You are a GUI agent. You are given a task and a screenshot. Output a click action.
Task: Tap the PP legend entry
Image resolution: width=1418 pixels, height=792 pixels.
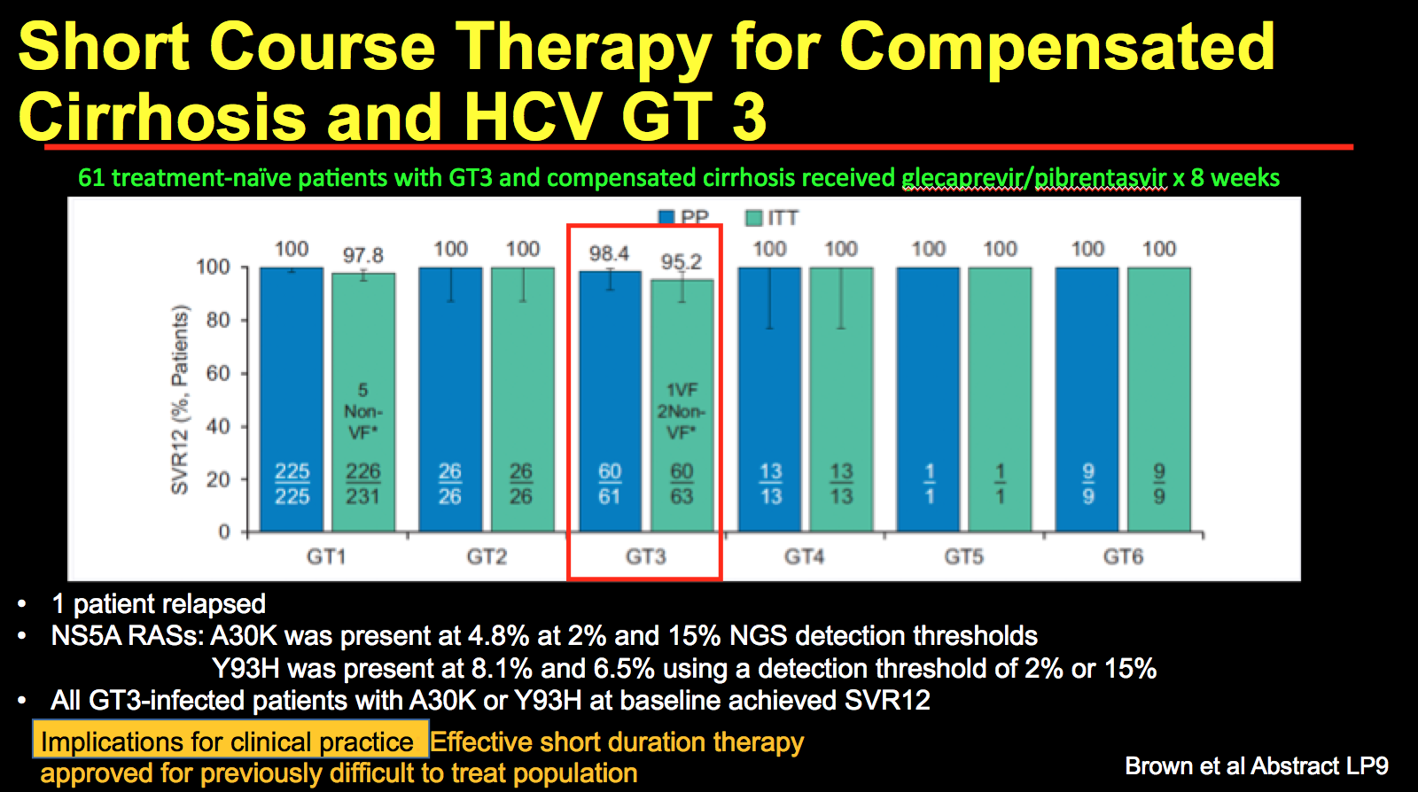coord(684,218)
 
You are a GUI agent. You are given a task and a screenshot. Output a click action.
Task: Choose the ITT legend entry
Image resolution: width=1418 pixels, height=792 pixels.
coord(773,218)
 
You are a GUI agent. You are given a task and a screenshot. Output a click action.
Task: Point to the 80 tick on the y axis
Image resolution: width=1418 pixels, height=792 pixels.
coord(218,320)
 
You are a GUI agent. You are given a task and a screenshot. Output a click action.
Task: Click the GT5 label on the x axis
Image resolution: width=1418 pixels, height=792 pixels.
coord(963,557)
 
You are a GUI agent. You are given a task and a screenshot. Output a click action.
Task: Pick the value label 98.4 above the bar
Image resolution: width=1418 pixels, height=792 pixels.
coord(609,254)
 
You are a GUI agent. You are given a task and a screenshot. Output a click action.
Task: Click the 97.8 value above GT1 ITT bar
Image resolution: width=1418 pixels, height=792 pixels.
coord(363,256)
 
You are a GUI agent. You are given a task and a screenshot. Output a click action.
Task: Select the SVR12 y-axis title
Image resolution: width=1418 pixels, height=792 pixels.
coord(180,400)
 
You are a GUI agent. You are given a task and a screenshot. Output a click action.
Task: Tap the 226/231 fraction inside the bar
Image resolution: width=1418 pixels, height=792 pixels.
coord(363,484)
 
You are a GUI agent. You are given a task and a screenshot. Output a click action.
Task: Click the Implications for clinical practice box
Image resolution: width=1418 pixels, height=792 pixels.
coord(229,741)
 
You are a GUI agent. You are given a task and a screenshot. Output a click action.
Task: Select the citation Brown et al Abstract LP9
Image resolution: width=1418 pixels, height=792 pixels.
coord(1256,766)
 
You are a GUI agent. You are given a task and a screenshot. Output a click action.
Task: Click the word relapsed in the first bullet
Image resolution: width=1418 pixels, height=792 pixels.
coord(217,604)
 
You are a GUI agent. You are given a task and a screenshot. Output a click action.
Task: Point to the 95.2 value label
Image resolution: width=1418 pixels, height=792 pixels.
coord(681,262)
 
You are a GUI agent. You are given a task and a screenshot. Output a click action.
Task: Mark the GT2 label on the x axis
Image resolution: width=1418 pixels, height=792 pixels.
coord(487,557)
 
